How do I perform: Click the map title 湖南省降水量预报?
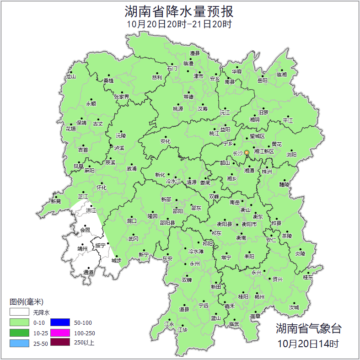179,11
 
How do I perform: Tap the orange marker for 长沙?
247,152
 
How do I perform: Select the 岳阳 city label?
263,81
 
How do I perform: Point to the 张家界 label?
121,97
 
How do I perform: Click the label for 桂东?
308,277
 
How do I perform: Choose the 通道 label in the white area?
88,273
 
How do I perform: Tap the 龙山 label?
70,77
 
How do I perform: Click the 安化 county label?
165,141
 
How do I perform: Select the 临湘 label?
282,74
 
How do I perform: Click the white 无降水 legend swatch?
19,312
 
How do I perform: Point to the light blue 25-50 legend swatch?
19,343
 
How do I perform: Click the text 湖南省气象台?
308,328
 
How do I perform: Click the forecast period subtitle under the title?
179,24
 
